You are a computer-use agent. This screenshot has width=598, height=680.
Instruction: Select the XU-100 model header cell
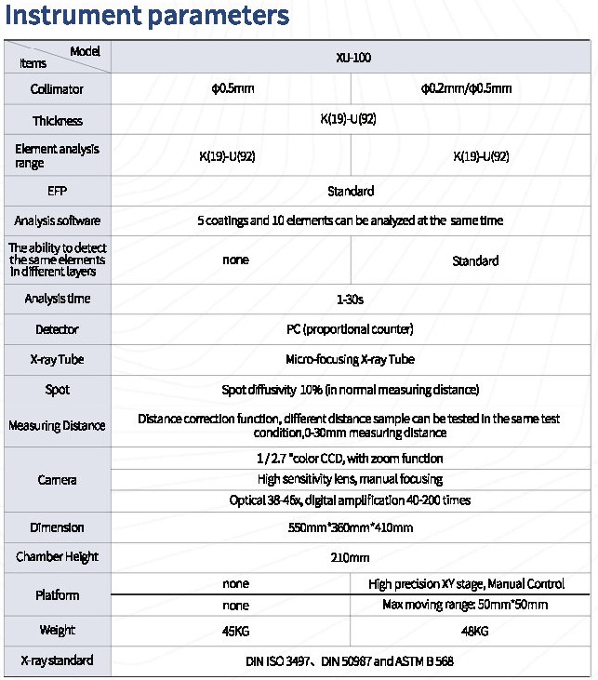pos(351,57)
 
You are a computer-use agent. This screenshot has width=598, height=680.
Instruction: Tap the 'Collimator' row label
pos(58,89)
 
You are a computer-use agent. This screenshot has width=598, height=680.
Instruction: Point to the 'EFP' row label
pos(58,191)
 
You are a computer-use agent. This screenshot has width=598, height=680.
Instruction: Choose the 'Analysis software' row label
pos(58,220)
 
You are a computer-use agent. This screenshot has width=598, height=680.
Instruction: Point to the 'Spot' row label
pos(58,390)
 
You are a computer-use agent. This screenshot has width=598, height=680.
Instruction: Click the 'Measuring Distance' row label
pos(58,425)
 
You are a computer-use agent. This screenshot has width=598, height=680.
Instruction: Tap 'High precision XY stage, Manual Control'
pos(466,584)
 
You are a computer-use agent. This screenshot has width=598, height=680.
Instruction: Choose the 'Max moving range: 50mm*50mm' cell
pos(466,605)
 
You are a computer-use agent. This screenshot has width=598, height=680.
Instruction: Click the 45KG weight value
pos(235,631)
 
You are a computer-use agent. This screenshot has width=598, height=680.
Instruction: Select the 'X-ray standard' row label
pos(58,660)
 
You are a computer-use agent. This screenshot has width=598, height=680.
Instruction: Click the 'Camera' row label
pos(58,480)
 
